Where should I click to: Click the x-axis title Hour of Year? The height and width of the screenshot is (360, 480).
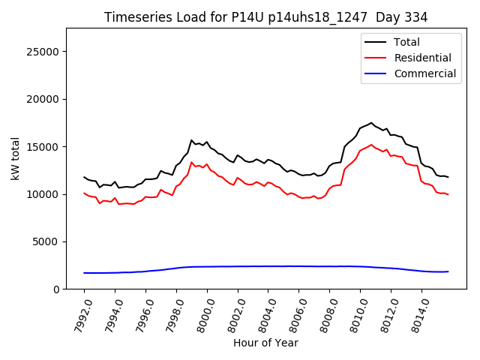point(265,343)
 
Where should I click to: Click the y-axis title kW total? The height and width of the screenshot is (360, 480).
point(15,158)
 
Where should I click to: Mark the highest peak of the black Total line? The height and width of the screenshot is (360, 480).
point(371,123)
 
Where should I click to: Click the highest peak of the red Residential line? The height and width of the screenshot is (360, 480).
point(371,145)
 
